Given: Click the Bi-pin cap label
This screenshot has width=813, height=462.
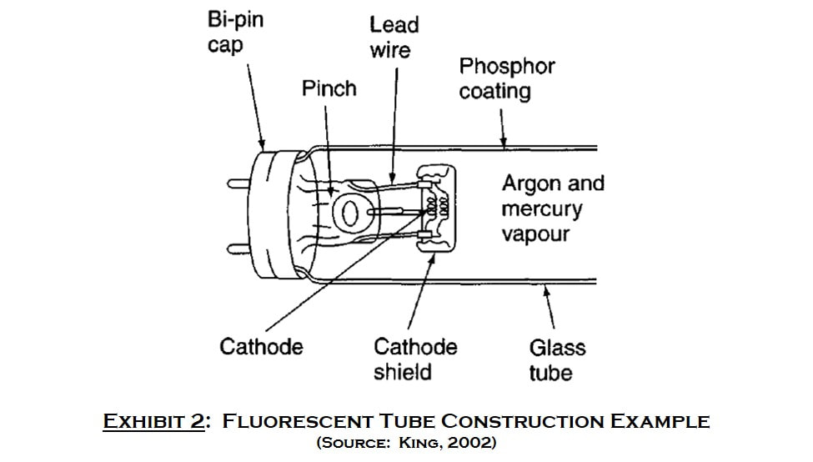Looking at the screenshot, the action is [x=235, y=33].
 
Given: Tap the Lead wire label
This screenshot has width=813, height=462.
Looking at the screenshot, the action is [x=394, y=38].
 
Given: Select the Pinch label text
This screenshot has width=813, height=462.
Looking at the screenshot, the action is [x=329, y=88].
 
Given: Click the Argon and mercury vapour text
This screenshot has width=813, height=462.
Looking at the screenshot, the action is [x=553, y=208].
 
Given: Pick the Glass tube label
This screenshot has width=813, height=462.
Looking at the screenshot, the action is [x=557, y=360].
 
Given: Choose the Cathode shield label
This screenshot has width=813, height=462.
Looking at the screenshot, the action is [x=415, y=359].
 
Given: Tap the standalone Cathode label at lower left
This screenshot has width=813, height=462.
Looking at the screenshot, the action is [x=261, y=347].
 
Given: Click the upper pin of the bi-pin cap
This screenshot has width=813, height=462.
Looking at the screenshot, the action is [x=239, y=183].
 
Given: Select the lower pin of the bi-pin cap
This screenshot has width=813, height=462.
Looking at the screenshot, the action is [x=239, y=249].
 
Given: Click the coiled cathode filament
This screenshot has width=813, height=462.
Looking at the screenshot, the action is [x=437, y=206].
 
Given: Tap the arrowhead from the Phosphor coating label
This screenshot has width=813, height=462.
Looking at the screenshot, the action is [x=503, y=141].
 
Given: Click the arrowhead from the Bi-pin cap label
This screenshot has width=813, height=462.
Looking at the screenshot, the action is [x=262, y=143].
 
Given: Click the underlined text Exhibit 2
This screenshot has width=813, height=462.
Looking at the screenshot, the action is [x=153, y=420].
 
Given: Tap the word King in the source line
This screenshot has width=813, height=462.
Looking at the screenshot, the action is [x=418, y=443].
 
